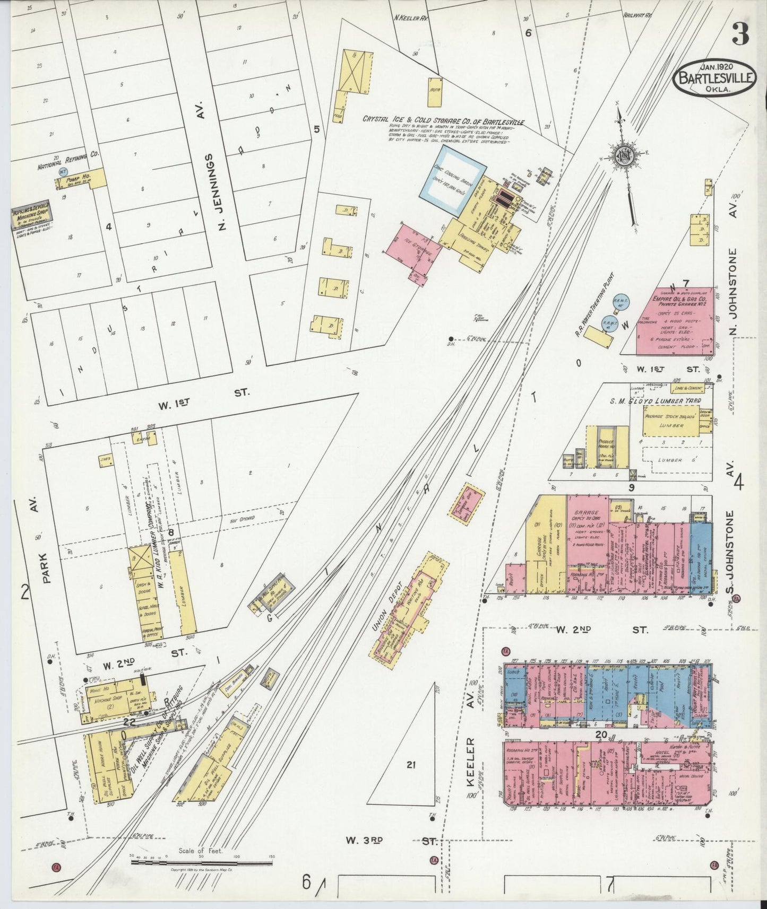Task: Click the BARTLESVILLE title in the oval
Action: (715, 78)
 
